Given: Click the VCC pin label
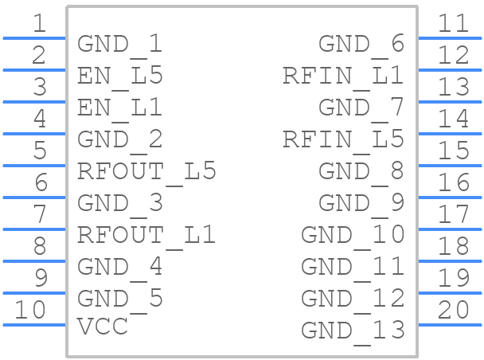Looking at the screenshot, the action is [103, 327].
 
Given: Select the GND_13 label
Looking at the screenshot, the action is [353, 332].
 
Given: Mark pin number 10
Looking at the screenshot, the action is [30, 309].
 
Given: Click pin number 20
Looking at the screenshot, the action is [454, 309].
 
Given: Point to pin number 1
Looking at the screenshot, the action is [40, 23].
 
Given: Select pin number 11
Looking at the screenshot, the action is [454, 23].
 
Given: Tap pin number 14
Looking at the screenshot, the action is [454, 118].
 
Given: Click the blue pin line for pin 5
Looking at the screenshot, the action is [34, 166].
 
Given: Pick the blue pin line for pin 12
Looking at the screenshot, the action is [450, 70].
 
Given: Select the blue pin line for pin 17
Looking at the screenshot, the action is [450, 229].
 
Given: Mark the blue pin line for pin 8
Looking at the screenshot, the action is [34, 261].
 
